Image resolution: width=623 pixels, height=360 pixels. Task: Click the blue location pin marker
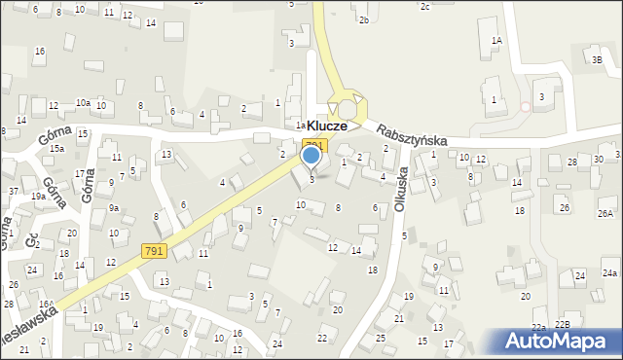[x=311, y=156]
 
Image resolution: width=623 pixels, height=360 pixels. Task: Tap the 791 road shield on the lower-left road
[x=154, y=250]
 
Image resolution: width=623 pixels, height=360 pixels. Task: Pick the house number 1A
[x=496, y=40]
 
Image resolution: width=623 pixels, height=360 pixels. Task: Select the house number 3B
[x=597, y=59]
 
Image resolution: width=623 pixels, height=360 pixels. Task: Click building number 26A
[x=605, y=213]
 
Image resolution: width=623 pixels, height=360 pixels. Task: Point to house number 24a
[x=610, y=274]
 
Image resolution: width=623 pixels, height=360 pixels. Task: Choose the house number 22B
[x=563, y=324]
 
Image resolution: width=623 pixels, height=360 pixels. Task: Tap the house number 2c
[x=424, y=7]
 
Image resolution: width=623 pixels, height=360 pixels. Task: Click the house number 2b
[x=363, y=19]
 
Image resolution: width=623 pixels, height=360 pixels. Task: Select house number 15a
[x=57, y=148]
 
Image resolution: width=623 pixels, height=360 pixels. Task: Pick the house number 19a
[x=38, y=196]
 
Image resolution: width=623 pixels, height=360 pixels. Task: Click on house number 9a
[x=114, y=208]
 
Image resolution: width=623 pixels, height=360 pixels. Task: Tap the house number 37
[x=14, y=191]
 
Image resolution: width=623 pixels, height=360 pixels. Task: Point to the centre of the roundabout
[x=346, y=104]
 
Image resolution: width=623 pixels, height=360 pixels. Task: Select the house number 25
[x=381, y=338]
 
